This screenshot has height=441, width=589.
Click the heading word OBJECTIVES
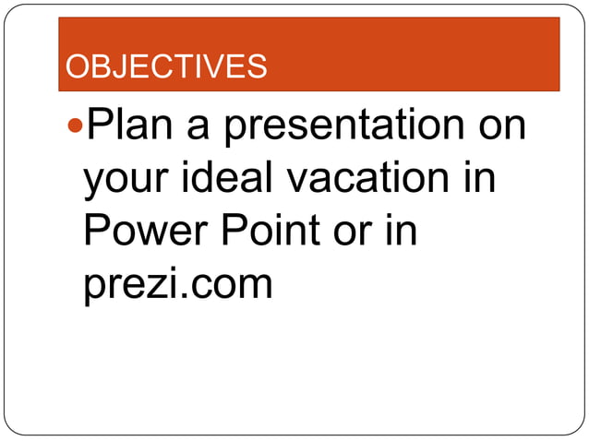[x=166, y=66]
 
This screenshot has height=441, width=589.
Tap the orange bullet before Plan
[x=76, y=124]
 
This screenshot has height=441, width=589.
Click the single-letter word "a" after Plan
[x=199, y=127]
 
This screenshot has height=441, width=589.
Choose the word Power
[x=146, y=231]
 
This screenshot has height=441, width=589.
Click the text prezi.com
[x=179, y=284]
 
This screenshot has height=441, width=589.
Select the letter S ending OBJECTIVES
[x=258, y=66]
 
